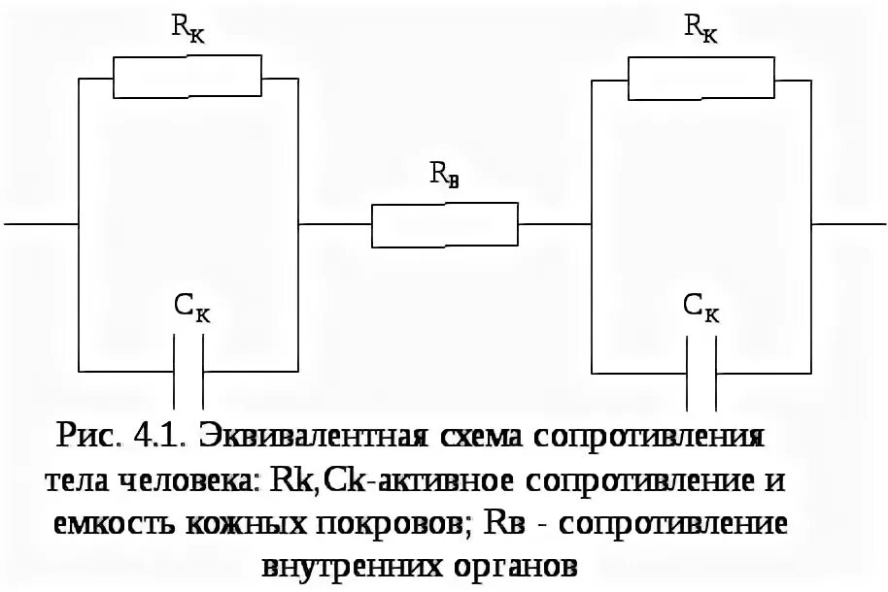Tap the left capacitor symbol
[x=188, y=371]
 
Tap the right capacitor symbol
[x=701, y=371]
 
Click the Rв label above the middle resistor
[x=445, y=176]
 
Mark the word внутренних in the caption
[x=346, y=566]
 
